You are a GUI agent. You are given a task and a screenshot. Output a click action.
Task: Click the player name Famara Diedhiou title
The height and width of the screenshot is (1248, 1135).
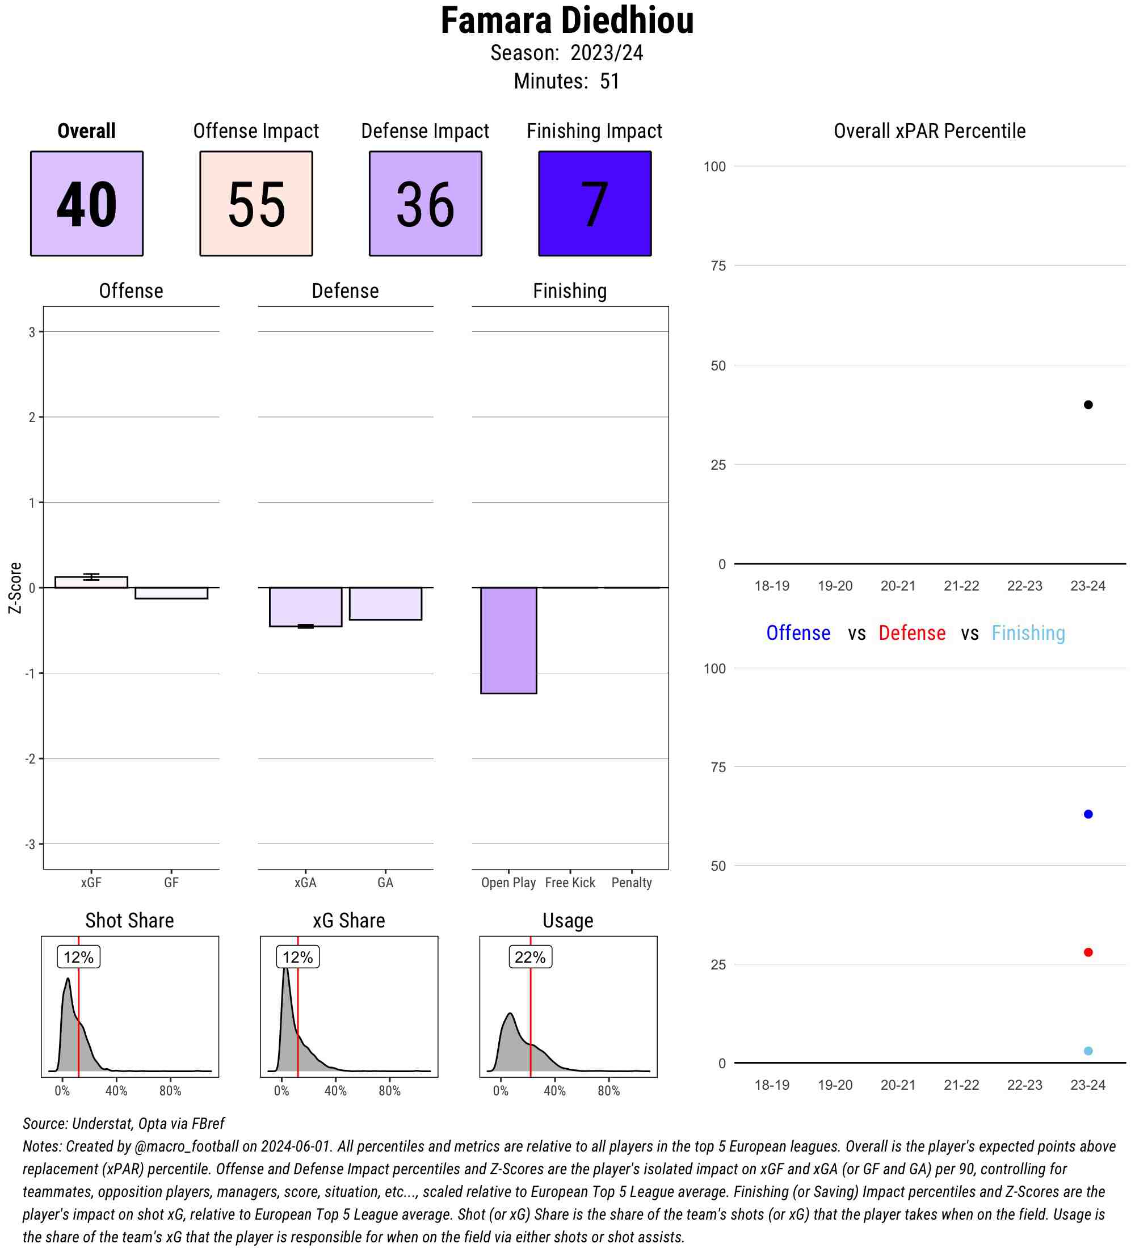(566, 21)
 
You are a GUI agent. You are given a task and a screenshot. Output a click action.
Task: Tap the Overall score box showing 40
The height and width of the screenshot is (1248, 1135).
(87, 203)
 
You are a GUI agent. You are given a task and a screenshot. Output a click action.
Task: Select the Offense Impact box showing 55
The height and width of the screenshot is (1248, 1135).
(256, 203)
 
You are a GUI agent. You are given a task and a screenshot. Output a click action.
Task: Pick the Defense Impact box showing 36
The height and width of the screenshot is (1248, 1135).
(426, 203)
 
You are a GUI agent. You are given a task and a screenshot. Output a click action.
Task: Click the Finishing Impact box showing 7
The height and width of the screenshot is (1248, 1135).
(594, 203)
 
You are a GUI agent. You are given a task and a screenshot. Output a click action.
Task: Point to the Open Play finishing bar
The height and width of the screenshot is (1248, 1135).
(508, 640)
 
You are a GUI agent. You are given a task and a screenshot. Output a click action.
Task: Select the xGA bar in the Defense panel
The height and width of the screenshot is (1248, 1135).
(305, 606)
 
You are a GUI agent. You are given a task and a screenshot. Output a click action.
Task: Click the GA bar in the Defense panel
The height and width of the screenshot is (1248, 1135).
(385, 604)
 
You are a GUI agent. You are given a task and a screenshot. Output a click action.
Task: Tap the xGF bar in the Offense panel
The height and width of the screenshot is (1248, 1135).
(91, 582)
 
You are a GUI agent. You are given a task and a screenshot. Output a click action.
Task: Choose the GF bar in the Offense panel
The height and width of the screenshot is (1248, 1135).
(171, 593)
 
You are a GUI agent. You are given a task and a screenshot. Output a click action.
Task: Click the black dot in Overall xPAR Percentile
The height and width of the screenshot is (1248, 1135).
(1088, 405)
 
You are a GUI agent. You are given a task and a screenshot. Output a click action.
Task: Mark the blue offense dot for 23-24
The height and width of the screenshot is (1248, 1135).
(1088, 814)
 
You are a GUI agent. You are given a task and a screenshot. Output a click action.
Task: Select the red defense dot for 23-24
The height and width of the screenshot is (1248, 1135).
(1088, 952)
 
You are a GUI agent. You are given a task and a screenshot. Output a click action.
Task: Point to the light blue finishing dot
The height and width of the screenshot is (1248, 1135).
(1088, 1051)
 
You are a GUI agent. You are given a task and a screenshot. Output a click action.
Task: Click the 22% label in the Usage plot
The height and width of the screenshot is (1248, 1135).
(530, 957)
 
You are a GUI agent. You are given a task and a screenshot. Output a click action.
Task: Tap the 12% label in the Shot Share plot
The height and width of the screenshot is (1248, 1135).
(79, 957)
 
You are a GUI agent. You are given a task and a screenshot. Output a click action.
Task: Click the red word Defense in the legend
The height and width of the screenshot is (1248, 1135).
(911, 633)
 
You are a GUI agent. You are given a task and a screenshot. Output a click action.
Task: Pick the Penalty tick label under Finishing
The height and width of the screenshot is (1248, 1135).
(631, 883)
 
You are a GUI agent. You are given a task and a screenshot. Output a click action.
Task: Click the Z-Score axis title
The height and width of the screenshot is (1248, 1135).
(15, 588)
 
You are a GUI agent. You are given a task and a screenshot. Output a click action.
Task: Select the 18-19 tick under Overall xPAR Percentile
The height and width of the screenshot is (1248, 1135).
(772, 585)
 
